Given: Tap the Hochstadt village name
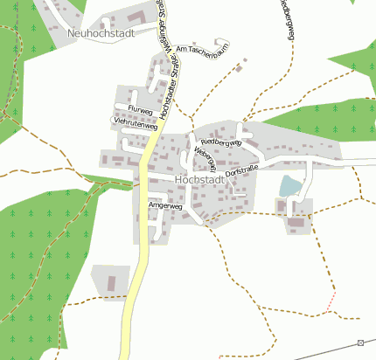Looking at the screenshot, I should point(199,180).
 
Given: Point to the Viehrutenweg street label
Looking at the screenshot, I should point(134,123).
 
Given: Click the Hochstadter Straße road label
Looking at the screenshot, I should point(163,82).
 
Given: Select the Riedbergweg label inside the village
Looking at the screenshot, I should point(219,142).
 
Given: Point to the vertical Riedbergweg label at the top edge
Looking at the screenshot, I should point(286,19).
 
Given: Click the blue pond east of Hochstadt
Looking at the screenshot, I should point(290,186).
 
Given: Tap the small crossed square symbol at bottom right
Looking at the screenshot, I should point(361,343).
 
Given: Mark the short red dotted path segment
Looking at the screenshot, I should point(331,302).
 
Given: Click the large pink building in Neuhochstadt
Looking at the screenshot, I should point(136,17).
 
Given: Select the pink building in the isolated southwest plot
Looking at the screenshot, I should point(111,283).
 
